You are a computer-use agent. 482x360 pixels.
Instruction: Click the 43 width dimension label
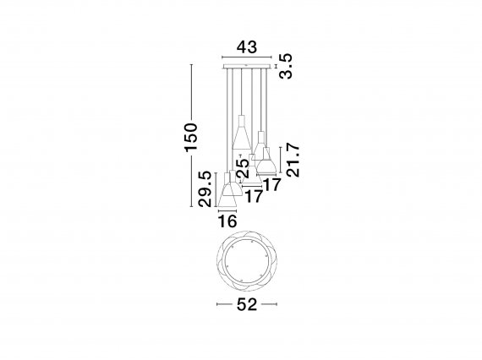click(247, 47)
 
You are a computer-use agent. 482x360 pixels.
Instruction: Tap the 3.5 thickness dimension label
click(286, 67)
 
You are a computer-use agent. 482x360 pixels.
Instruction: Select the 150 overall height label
click(190, 137)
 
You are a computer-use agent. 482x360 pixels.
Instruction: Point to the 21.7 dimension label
click(293, 160)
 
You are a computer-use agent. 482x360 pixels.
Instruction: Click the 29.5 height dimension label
click(205, 189)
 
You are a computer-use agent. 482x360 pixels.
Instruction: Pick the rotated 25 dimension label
click(244, 168)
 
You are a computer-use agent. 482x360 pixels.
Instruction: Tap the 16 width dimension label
click(227, 221)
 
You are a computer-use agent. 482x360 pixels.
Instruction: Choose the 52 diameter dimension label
click(247, 305)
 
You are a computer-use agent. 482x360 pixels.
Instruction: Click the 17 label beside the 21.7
click(272, 185)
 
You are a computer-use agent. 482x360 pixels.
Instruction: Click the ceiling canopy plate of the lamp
click(247, 67)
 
